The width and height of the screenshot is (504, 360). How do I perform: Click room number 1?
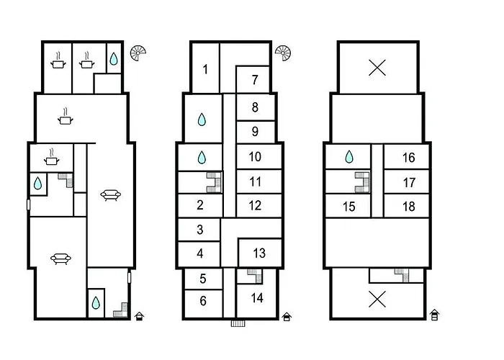coord(205,69)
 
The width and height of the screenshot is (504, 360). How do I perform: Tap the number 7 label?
coord(255,80)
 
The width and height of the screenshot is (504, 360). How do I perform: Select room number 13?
coord(259,253)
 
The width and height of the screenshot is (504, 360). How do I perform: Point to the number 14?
coord(257,298)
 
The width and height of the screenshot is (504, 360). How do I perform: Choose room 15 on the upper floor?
coord(349,207)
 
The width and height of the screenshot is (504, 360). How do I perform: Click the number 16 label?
coord(408,158)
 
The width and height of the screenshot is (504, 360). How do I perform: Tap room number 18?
coord(408,207)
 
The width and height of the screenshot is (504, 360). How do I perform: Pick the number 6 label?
coord(203,301)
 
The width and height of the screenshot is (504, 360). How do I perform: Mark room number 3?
coord(200,230)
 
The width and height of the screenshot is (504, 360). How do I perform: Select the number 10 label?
coord(255,156)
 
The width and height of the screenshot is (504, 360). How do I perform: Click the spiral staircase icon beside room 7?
coord(283,53)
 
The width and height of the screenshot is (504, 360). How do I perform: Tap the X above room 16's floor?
coord(377,68)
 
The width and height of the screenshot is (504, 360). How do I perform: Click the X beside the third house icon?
coord(377,299)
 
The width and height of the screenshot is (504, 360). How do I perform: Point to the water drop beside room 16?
coord(349,157)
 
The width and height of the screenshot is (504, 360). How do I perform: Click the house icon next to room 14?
coord(287,317)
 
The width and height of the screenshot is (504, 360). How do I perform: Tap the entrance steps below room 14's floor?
coord(238,323)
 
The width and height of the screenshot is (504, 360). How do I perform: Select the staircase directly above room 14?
coord(255,276)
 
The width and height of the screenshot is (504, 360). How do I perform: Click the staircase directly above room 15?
coord(363,182)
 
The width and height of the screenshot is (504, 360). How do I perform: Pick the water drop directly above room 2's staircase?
coord(202,158)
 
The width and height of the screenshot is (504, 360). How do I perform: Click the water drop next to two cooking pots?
coord(114,58)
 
